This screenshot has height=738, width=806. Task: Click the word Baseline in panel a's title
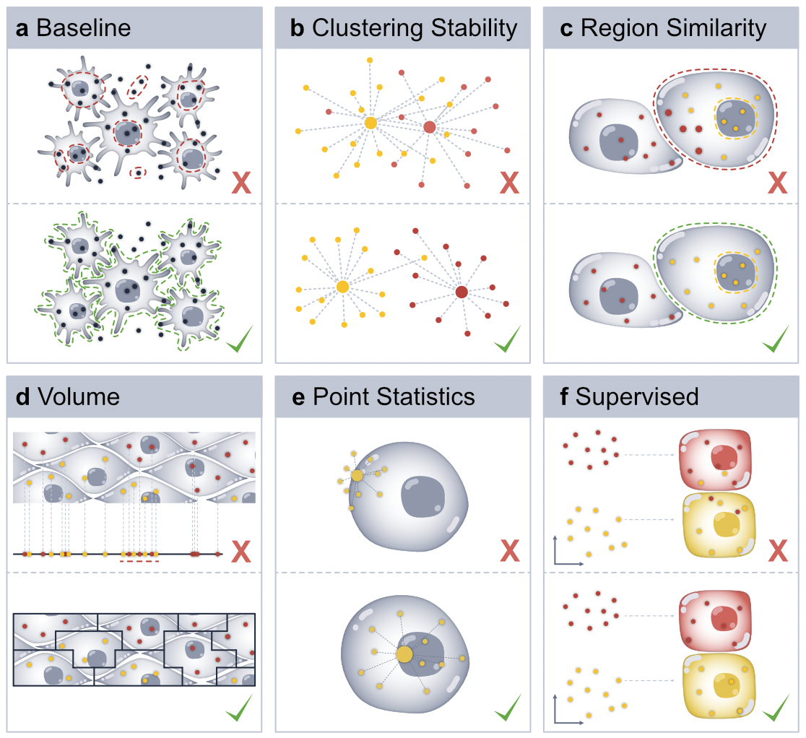click(84, 28)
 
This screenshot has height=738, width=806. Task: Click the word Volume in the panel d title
click(79, 396)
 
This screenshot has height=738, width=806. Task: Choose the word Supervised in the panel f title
click(637, 396)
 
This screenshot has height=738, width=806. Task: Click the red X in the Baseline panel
click(240, 183)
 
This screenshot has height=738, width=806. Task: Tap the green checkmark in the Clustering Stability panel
click(508, 339)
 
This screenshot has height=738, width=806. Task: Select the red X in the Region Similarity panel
click(777, 183)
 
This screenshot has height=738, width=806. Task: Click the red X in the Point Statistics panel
click(508, 552)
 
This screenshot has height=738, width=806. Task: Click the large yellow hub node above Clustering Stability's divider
click(370, 123)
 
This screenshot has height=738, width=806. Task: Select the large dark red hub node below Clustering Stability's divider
click(461, 292)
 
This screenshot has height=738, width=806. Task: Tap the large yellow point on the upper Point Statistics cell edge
click(357, 475)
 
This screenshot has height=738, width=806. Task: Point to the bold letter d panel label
click(22, 396)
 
